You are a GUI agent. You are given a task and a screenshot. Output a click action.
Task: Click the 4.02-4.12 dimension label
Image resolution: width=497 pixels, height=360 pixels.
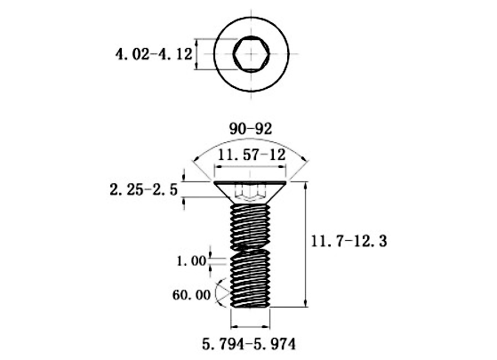[x=154, y=54]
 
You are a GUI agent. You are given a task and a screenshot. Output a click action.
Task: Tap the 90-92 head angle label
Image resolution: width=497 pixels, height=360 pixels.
[x=251, y=129]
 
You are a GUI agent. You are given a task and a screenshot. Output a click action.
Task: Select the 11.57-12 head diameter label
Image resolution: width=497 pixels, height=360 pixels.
[x=252, y=156]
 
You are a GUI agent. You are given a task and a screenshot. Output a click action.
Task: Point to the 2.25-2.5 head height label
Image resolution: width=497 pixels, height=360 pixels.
[x=143, y=190]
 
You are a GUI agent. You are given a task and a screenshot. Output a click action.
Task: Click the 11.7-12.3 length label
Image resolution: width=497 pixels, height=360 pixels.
[x=349, y=242]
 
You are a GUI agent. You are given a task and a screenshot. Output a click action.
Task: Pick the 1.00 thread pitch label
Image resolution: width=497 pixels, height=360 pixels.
[x=191, y=261]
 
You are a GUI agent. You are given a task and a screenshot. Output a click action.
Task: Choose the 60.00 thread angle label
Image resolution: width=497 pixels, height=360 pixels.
[x=191, y=295]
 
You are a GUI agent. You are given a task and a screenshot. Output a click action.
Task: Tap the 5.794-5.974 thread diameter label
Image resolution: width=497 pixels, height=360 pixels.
[x=249, y=344]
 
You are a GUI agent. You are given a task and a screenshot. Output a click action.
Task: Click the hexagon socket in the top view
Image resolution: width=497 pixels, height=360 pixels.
[x=252, y=54]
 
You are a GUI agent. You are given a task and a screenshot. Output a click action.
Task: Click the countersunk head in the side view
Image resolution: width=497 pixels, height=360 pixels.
[x=251, y=192]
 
